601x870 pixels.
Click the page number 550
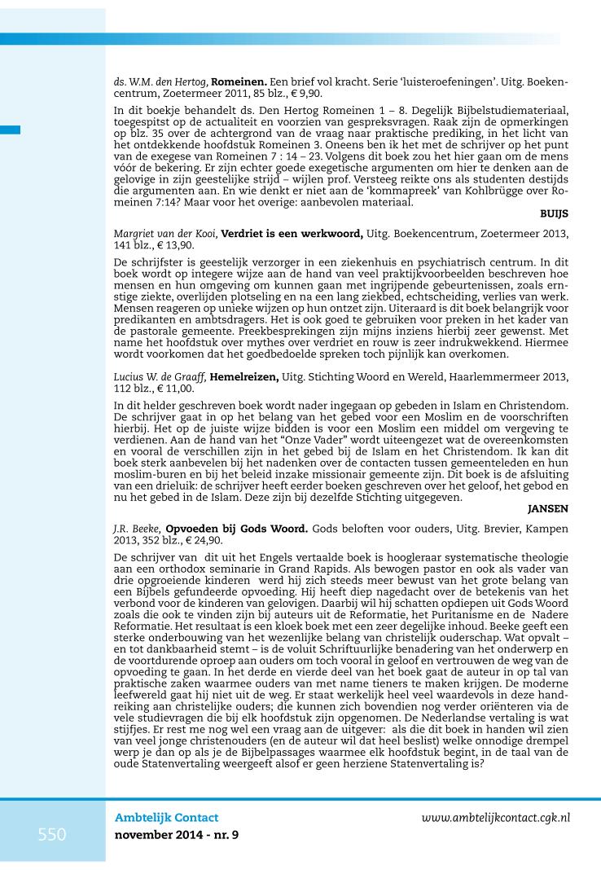tap(52, 834)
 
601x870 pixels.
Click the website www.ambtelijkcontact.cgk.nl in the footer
tap(507, 817)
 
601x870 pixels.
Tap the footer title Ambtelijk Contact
tap(167, 817)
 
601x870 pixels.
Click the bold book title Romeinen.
tap(239, 82)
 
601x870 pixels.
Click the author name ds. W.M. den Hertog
tap(160, 82)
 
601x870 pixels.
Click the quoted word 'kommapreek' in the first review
tap(394, 189)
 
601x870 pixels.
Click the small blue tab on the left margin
tap(10, 129)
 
